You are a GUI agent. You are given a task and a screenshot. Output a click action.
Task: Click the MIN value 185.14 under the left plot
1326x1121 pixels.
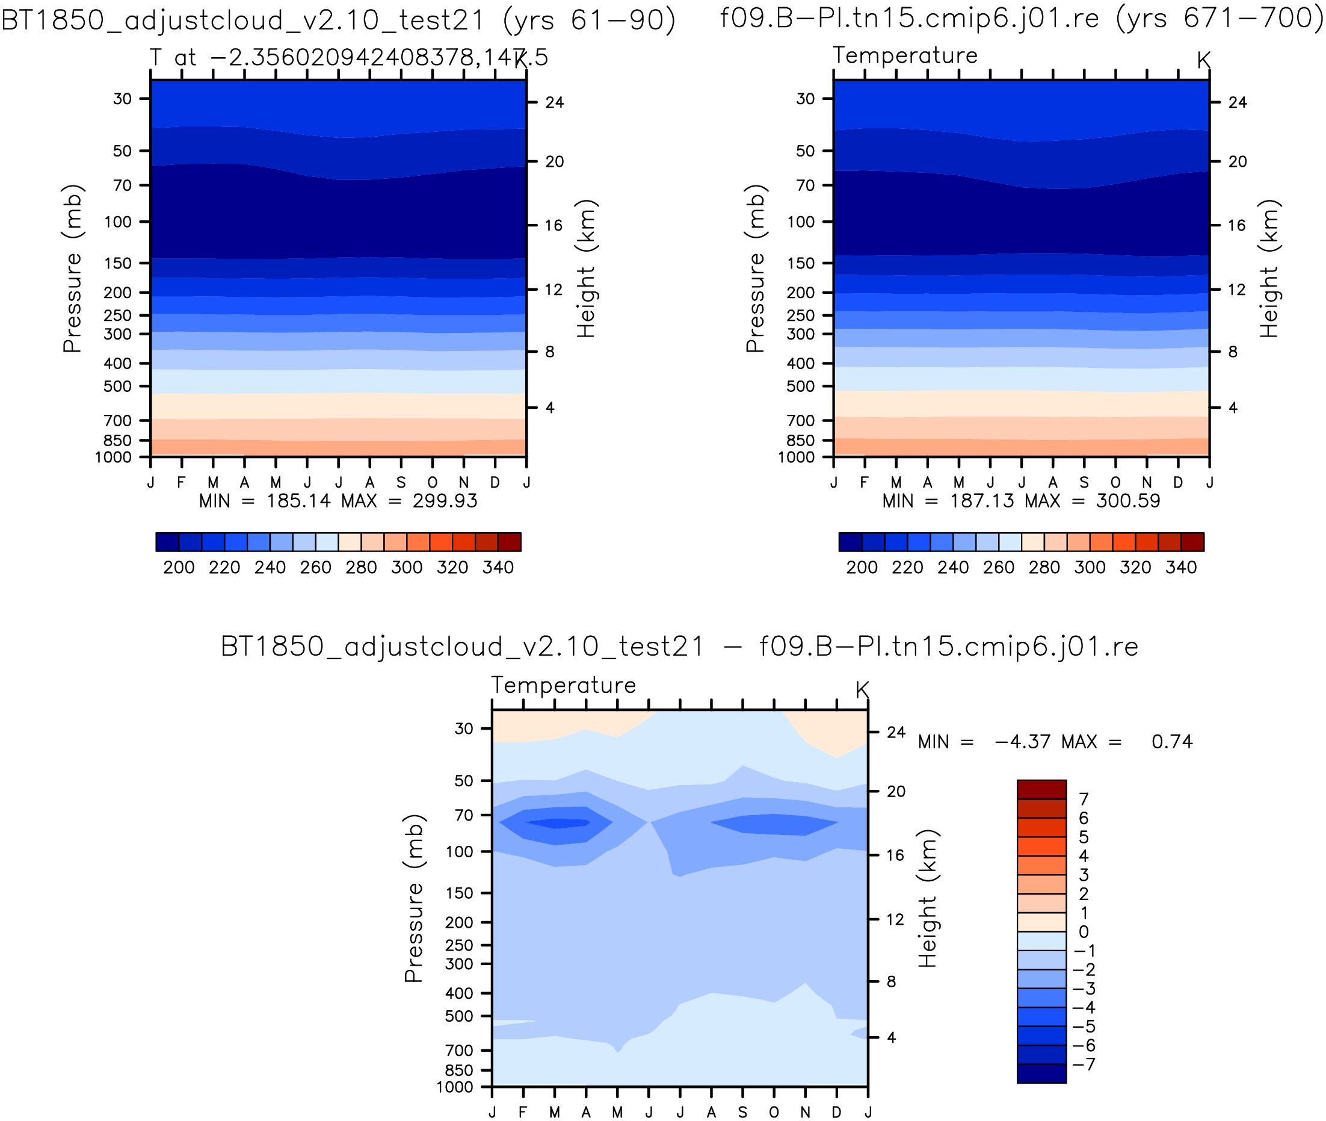298,501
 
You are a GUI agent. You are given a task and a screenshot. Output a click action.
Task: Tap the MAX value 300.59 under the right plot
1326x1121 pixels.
1128,501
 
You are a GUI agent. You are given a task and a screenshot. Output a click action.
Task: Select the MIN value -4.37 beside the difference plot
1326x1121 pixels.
1022,742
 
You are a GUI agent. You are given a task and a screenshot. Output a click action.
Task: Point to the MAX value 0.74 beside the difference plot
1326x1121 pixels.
1172,742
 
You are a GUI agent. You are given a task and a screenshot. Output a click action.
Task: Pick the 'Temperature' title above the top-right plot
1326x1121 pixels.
905,56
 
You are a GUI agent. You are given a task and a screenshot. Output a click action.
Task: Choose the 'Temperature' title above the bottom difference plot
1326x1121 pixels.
563,686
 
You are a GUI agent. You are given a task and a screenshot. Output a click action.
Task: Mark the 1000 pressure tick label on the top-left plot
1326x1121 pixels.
113,457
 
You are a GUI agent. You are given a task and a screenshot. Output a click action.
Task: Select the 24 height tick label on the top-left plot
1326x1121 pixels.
555,102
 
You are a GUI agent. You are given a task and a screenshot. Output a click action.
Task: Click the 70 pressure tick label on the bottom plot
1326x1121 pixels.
464,815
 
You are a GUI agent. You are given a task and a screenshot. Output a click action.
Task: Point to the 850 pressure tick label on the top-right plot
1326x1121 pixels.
800,441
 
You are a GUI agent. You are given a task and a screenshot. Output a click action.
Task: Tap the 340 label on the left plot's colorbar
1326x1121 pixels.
498,568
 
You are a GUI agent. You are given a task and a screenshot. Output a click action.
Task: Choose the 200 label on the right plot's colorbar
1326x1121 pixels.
862,568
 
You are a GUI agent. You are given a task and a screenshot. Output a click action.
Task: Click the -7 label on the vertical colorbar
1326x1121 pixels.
1085,1064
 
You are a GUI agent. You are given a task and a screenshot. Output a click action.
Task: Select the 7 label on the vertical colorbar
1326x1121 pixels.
1084,800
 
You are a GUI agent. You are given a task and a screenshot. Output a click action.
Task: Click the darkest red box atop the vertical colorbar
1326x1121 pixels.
1041,789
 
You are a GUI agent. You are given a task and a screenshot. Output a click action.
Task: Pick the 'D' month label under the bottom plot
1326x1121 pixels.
836,1111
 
